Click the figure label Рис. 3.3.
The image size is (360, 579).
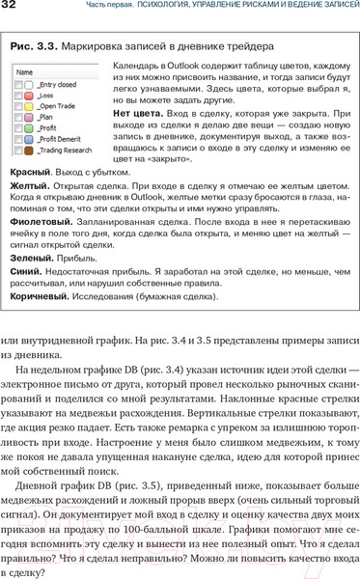(38, 45)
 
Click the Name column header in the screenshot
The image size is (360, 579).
(25, 71)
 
